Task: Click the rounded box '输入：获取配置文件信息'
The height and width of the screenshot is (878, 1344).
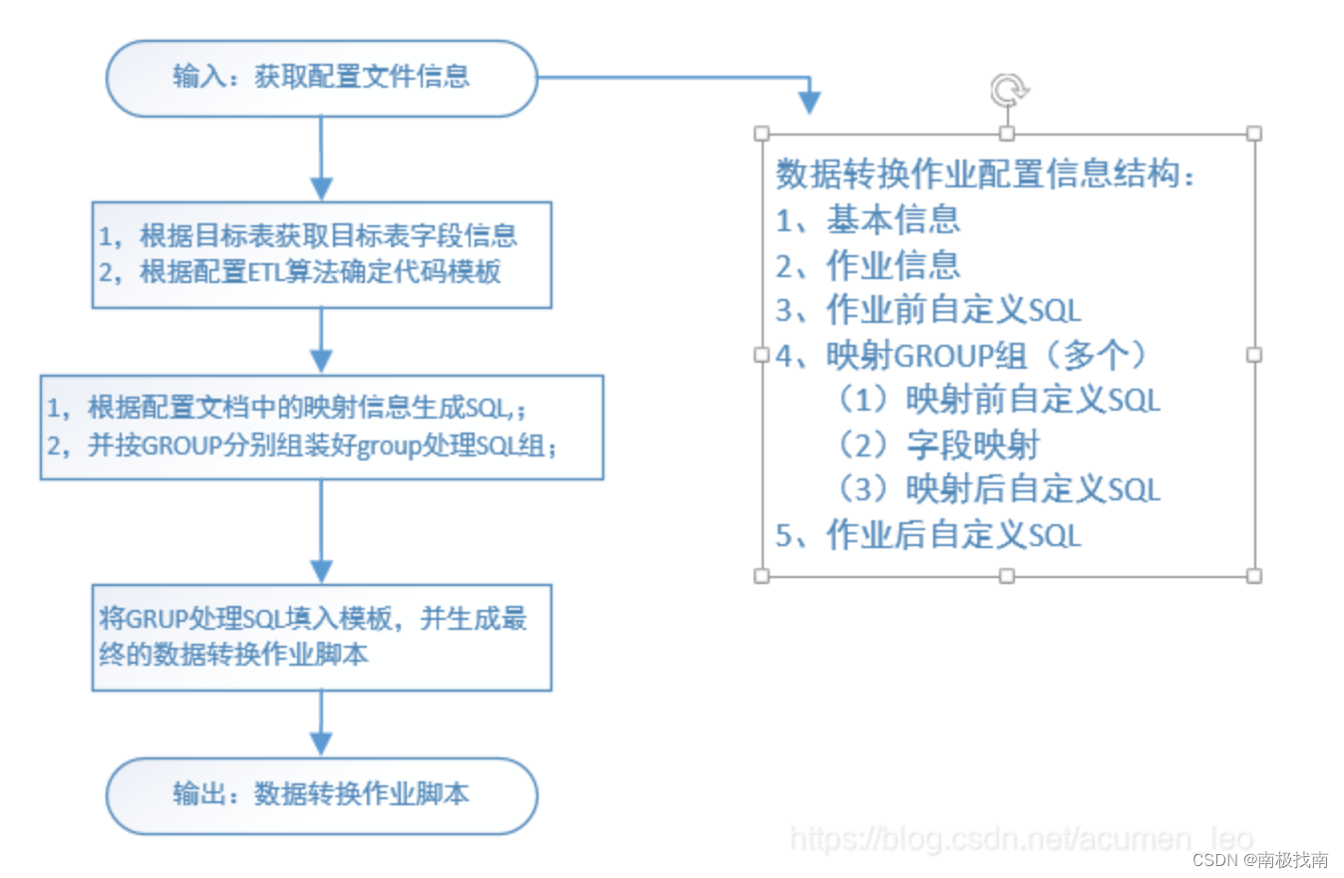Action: (321, 78)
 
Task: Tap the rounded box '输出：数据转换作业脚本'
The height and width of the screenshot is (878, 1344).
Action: (321, 794)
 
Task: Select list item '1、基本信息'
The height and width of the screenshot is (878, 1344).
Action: (867, 218)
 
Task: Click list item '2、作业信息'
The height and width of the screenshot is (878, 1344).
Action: (867, 264)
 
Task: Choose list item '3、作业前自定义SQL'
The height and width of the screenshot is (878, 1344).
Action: (927, 310)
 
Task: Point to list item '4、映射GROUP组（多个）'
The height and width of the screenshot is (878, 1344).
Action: (963, 355)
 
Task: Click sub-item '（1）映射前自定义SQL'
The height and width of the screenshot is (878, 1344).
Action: (997, 400)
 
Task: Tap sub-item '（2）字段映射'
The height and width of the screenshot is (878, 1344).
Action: (937, 445)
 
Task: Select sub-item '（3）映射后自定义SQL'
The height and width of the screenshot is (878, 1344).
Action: (997, 490)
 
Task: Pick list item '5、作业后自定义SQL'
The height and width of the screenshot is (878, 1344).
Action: (927, 536)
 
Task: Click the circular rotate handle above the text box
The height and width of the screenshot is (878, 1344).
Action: (1008, 90)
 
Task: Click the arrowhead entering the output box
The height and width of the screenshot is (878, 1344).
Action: (321, 742)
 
